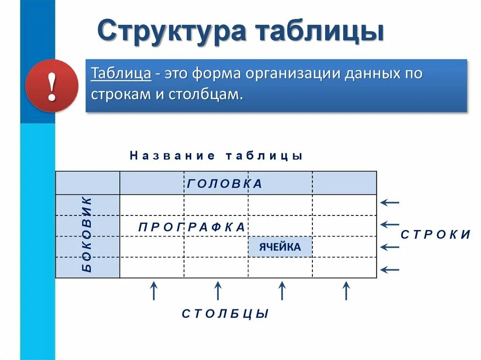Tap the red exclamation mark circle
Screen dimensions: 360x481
click(52, 86)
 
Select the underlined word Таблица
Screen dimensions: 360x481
click(121, 74)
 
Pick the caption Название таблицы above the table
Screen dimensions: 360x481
click(216, 156)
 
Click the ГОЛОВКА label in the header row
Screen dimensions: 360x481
click(225, 184)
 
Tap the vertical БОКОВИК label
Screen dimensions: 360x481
click(88, 235)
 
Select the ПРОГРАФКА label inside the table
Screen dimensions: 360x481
click(192, 227)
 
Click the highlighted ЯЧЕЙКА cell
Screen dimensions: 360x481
click(280, 247)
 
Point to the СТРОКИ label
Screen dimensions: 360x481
click(435, 235)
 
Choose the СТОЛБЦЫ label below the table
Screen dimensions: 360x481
click(225, 314)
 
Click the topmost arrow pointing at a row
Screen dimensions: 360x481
click(389, 203)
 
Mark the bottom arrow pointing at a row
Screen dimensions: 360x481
click(389, 269)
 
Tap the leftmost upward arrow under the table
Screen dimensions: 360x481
click(153, 291)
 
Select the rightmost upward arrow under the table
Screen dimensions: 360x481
click(346, 291)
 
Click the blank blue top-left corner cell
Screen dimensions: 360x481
click(88, 183)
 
